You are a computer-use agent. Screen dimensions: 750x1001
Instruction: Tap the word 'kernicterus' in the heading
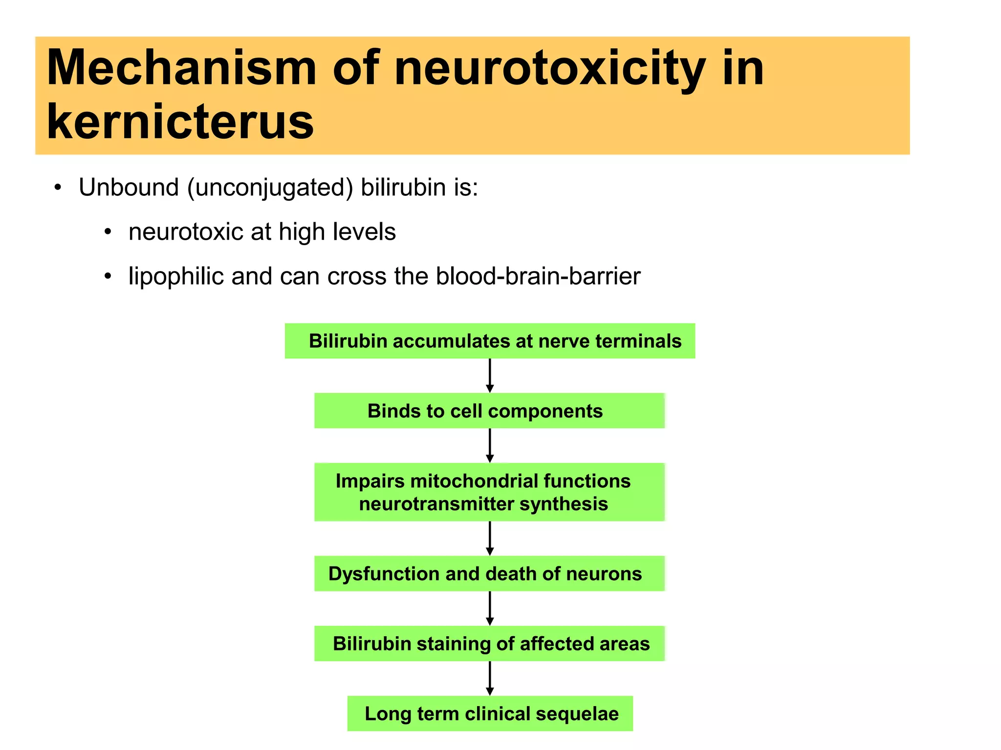[180, 122]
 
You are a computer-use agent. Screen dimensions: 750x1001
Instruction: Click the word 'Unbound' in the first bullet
[129, 187]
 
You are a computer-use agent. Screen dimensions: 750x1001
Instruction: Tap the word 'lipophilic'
[176, 277]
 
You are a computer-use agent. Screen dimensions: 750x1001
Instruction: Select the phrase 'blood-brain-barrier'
[538, 276]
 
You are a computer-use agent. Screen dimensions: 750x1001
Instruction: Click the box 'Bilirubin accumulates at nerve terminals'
[490, 341]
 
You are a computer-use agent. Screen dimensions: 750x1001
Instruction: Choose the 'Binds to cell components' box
[489, 411]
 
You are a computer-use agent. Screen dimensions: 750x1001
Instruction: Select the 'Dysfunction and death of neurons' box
[489, 574]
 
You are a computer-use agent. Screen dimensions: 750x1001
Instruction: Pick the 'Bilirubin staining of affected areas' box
[489, 644]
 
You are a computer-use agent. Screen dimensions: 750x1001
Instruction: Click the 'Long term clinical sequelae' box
[490, 713]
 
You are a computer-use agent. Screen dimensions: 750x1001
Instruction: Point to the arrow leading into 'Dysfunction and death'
[490, 539]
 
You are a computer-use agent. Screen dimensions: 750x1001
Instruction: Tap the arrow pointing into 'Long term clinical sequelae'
[490, 679]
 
